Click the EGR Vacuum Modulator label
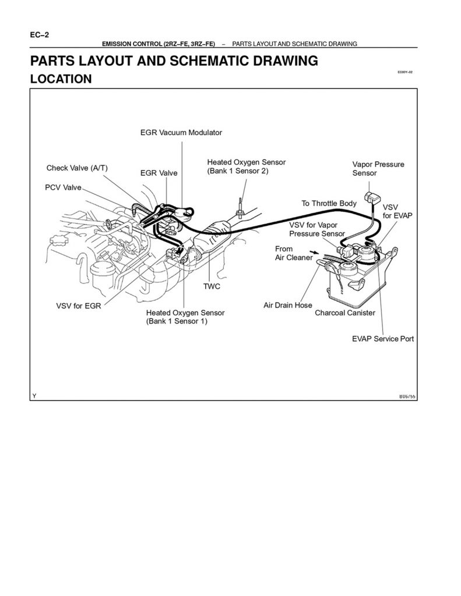coord(181,132)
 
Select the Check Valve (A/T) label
coord(77,168)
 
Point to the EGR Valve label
coord(159,173)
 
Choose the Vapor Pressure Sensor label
coord(378,168)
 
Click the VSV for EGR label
coord(78,305)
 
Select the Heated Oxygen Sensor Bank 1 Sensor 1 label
coord(185,317)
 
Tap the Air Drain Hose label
coord(287,305)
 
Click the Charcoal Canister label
coord(344,313)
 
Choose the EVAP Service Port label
coord(382,338)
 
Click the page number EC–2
coord(40,35)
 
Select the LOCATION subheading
coord(61,79)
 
